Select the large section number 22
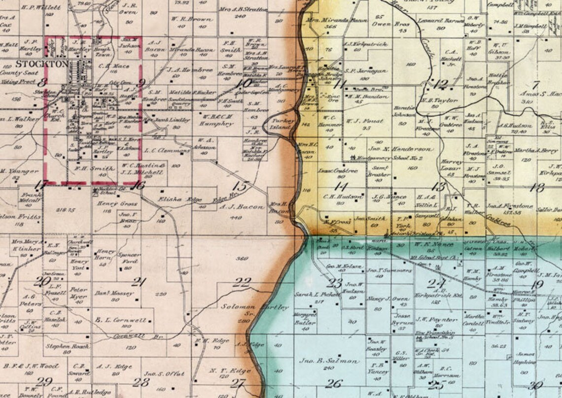[242, 282]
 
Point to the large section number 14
[341, 186]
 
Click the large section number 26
[334, 383]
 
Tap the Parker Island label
[283, 124]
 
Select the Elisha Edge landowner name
[174, 199]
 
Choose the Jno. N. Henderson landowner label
[394, 149]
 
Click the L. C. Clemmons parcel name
[168, 151]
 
